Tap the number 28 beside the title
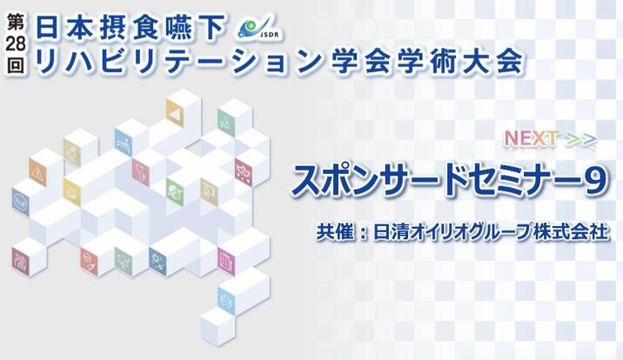(x=16, y=44)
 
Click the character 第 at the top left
(x=16, y=23)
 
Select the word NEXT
(x=531, y=138)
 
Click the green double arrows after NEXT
(x=581, y=140)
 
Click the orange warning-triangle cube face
(x=37, y=172)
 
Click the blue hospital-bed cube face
(x=124, y=142)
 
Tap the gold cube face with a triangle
(x=174, y=113)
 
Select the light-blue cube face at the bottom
(x=226, y=301)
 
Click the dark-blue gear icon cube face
(x=157, y=261)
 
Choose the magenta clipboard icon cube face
(x=226, y=261)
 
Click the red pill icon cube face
(x=89, y=261)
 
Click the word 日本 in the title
(x=63, y=26)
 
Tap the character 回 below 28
(x=16, y=63)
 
